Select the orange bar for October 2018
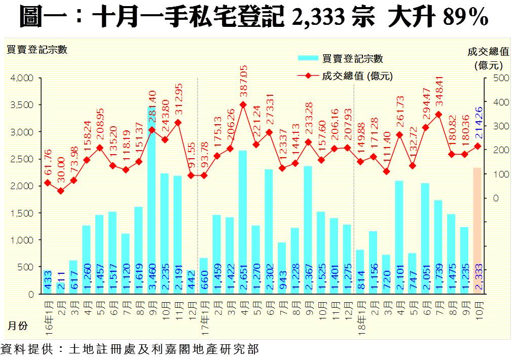coord(477,231)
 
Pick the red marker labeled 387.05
coord(243,104)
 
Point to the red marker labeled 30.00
coord(60,191)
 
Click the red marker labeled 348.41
coord(438,115)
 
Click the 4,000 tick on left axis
coord(22,78)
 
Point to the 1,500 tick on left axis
coord(22,213)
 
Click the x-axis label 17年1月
coord(203,313)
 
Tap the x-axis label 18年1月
coord(360,313)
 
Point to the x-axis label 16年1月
coord(47,313)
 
